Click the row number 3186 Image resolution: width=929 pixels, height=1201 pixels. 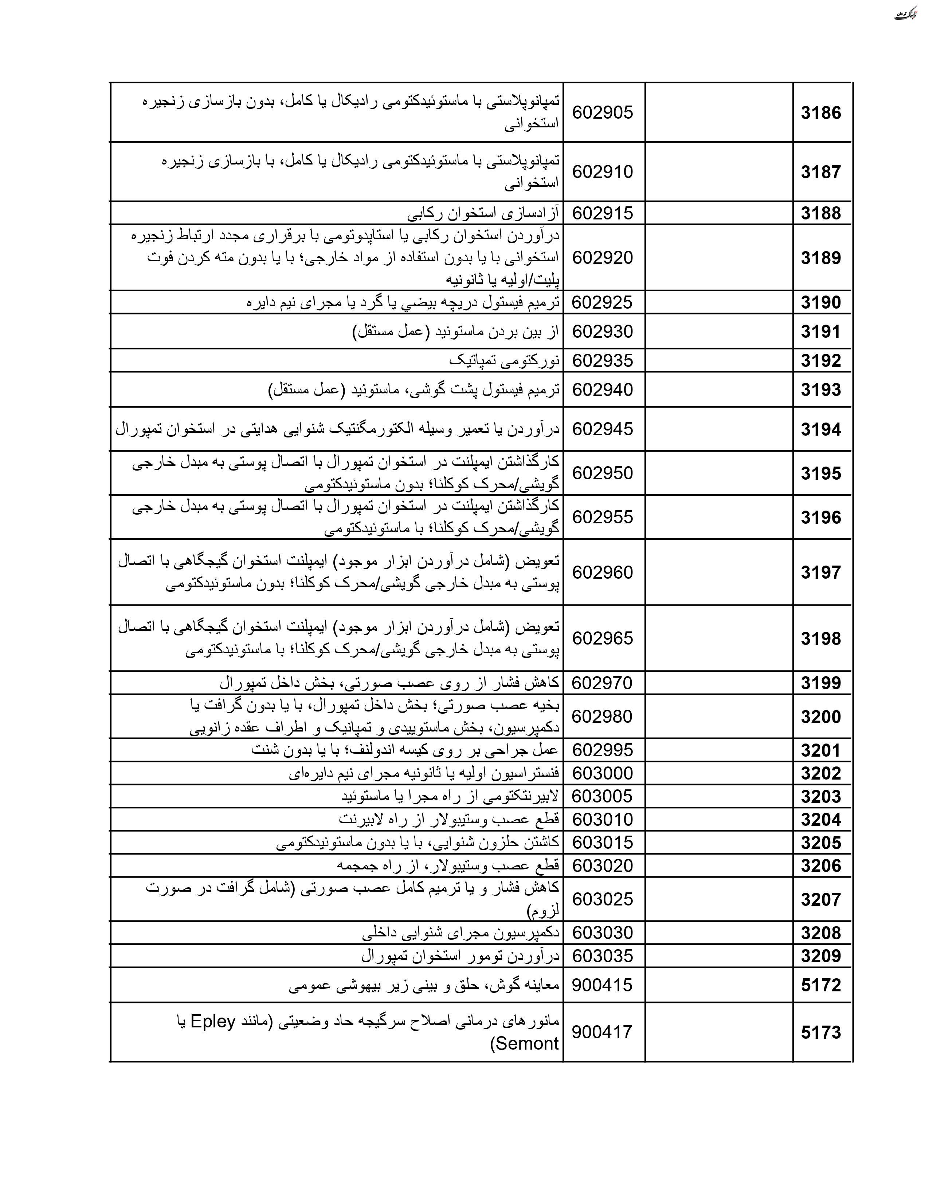[820, 113]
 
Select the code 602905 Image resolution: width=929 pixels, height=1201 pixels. [603, 113]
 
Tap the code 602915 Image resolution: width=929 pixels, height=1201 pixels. [603, 213]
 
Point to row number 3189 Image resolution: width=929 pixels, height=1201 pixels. [820, 258]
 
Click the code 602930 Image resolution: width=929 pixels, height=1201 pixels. [603, 332]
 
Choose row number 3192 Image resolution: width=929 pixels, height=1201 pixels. [820, 361]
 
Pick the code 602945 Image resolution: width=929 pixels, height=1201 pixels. [603, 429]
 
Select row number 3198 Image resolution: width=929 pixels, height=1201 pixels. [820, 638]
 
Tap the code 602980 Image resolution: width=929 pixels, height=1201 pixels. [603, 717]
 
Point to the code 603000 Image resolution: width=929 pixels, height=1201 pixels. [603, 773]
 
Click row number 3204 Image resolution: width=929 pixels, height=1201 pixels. [820, 819]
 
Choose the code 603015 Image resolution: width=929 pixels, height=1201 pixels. [603, 843]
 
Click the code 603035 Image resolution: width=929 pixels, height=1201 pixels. [603, 956]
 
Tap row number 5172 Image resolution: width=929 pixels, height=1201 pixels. [820, 985]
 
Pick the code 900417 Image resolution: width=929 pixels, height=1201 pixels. [603, 1032]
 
